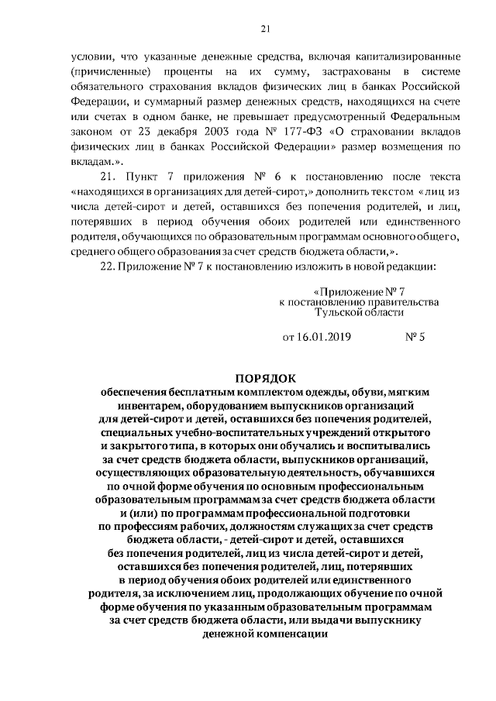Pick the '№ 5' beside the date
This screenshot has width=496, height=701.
416,337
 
